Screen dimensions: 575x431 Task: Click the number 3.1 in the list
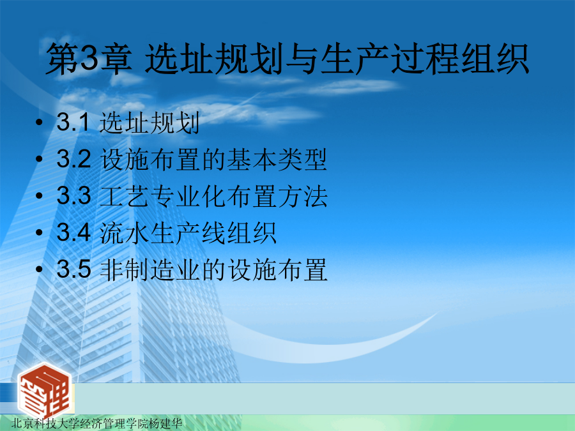(x=72, y=122)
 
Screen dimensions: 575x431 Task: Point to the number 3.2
(x=73, y=159)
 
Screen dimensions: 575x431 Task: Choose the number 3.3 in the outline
(x=73, y=196)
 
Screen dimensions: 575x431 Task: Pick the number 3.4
(x=73, y=232)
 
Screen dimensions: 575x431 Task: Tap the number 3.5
(x=73, y=269)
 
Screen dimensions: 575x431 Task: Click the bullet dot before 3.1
(x=39, y=122)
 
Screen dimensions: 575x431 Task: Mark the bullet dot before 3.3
(x=39, y=196)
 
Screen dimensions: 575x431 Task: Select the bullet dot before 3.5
(x=39, y=269)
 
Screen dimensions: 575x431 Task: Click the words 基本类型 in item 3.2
(x=277, y=160)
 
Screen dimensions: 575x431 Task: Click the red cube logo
(x=44, y=391)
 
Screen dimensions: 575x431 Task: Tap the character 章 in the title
(x=116, y=59)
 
